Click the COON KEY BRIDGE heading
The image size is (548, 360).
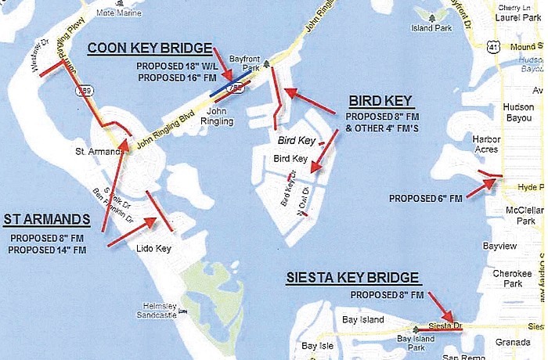pyautogui.click(x=150, y=49)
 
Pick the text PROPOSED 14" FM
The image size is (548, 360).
pyautogui.click(x=48, y=249)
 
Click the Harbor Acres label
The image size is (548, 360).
pyautogui.click(x=486, y=145)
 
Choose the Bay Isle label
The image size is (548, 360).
pyautogui.click(x=318, y=346)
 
